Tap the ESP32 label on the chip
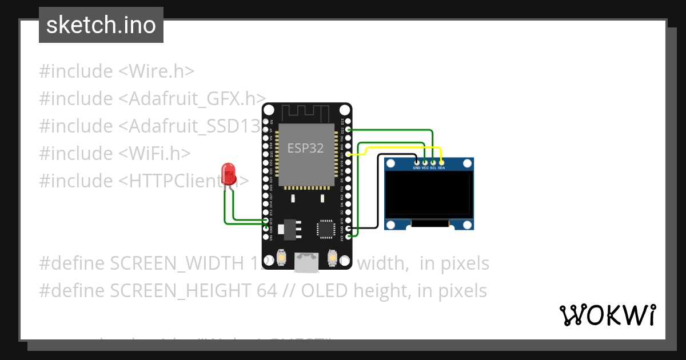305,149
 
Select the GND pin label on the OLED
417,169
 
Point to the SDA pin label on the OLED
441,169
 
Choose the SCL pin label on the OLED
433,169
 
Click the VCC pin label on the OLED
425,169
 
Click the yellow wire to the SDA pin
400,148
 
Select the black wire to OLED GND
377,194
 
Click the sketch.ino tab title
101,25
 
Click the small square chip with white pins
326,228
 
